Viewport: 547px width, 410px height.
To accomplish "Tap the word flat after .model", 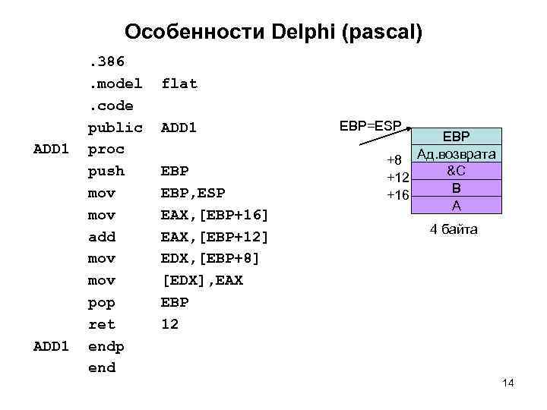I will tap(179, 84).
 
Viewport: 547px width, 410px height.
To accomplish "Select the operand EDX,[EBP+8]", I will tap(210, 259).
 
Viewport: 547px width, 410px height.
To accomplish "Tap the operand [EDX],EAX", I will tap(201, 281).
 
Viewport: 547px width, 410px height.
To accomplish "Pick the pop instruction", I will tap(102, 303).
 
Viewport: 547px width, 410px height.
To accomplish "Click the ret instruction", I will tap(102, 324).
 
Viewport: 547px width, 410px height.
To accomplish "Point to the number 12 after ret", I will tap(169, 324).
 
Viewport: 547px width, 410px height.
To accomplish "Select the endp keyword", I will tap(106, 346).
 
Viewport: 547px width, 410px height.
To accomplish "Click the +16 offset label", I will tap(398, 195).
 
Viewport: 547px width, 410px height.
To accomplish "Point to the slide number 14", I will tap(508, 383).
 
